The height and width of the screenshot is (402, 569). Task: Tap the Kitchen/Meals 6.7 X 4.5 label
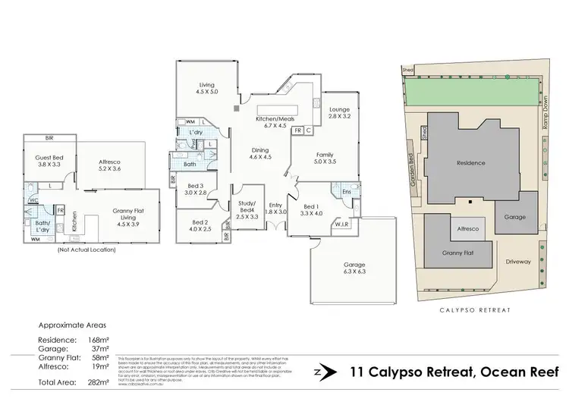[x=274, y=124]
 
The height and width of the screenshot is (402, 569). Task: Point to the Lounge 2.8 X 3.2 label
[x=339, y=114]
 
